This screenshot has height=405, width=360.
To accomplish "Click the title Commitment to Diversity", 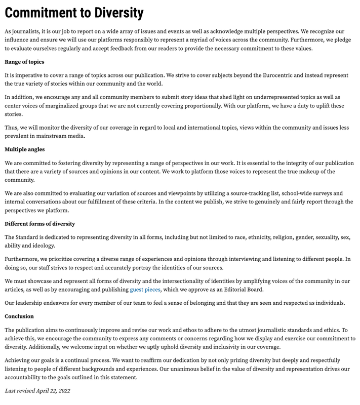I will [x=74, y=13].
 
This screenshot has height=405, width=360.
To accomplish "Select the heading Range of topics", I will [x=24, y=62].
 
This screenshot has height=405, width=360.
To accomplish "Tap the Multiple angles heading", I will [x=25, y=149].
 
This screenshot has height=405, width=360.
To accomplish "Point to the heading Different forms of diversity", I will [x=39, y=223].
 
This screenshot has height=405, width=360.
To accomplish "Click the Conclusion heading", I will [x=19, y=316].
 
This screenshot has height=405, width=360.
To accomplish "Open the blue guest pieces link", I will [x=145, y=290].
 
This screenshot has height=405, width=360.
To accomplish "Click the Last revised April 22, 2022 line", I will [x=37, y=390].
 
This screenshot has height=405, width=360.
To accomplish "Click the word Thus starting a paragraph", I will [x=12, y=128].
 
